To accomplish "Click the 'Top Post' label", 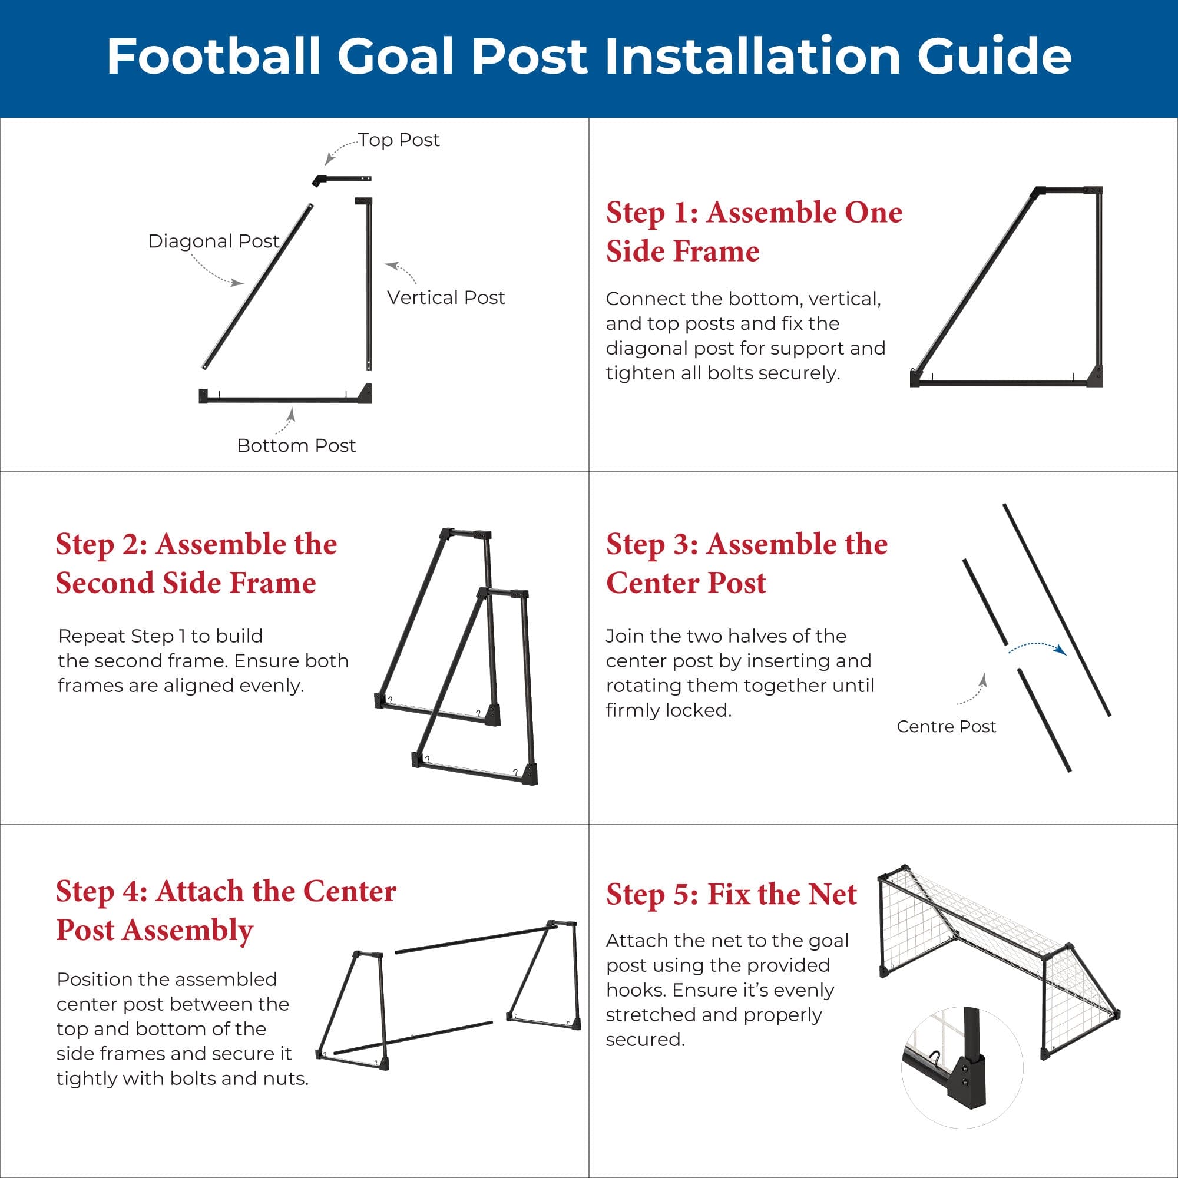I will tap(398, 140).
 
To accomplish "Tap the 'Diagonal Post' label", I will tap(213, 241).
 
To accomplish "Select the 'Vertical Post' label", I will tap(446, 297).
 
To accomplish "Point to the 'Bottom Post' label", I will tap(296, 446).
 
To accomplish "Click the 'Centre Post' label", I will tap(946, 727).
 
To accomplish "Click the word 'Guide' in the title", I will tap(994, 56).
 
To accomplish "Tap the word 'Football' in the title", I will tap(213, 56).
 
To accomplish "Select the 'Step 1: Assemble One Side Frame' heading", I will tap(754, 231).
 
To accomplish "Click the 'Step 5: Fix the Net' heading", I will tap(731, 895).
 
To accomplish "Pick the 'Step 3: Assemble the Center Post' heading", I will tap(746, 564).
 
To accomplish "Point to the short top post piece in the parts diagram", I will tap(342, 180).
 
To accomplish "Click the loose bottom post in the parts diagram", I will tap(285, 398).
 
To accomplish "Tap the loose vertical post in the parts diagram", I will tap(368, 284).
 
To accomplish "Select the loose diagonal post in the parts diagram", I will tap(257, 287).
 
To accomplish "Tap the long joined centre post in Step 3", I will tap(1057, 610).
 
